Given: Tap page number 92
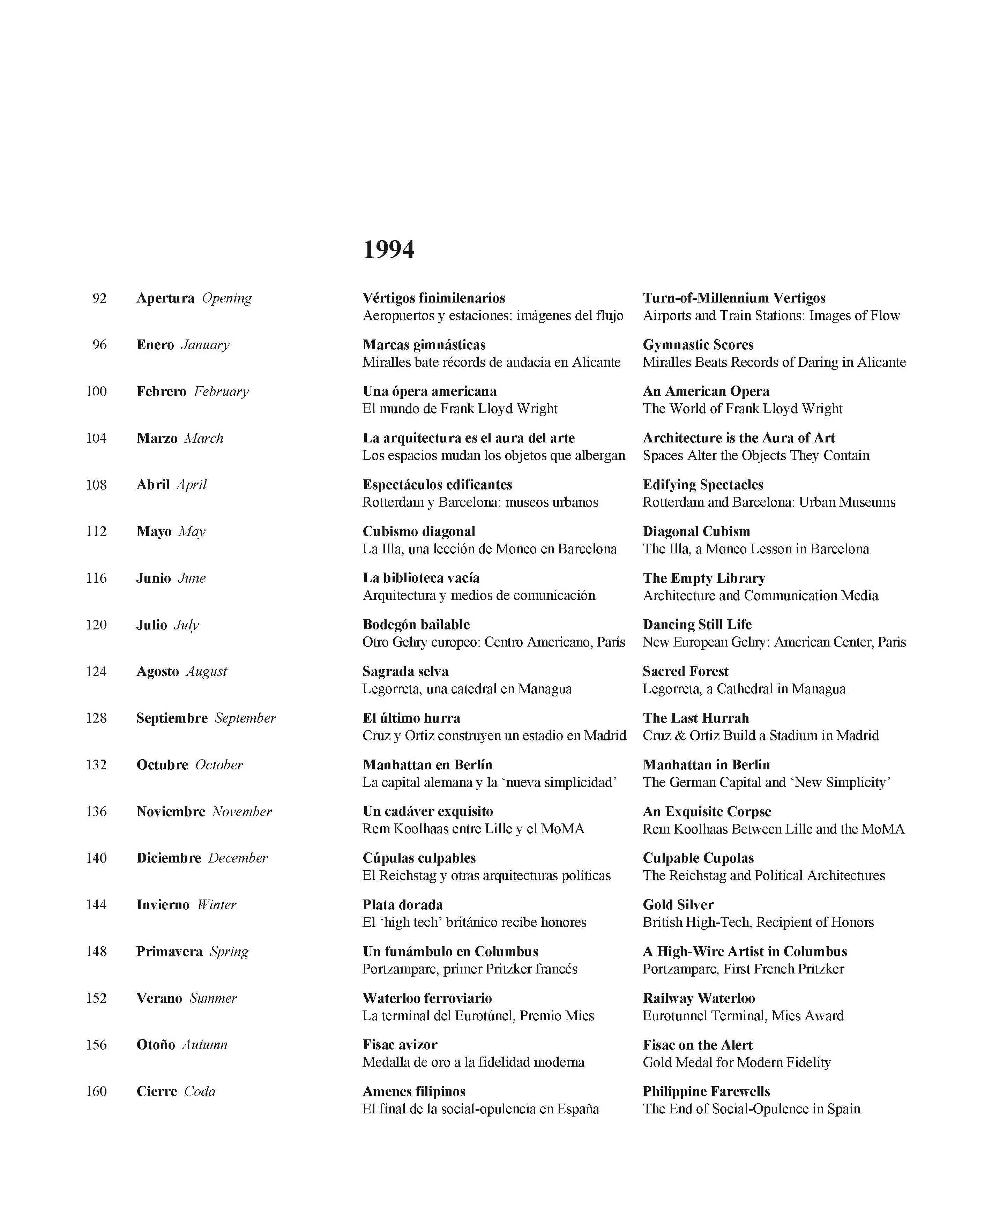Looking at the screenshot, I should [99, 298].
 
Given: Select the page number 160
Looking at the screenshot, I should [96, 1091].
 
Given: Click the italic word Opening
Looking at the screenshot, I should [227, 298].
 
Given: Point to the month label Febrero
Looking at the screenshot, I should [161, 391].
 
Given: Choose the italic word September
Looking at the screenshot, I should [245, 718].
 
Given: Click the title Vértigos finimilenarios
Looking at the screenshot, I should [434, 298].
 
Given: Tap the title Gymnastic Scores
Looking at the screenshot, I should [698, 345].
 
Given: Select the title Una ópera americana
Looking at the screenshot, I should [429, 391].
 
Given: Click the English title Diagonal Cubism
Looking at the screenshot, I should [696, 531].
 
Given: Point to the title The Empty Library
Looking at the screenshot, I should [703, 578].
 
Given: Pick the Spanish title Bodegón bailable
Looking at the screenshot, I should [416, 625].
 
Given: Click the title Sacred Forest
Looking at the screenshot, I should [685, 671].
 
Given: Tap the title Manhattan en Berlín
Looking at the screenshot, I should [427, 764].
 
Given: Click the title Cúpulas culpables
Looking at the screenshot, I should [419, 858].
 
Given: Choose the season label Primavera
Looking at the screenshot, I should [169, 951].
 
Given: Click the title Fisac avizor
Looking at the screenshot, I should [400, 1045].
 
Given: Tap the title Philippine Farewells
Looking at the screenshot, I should [706, 1091].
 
